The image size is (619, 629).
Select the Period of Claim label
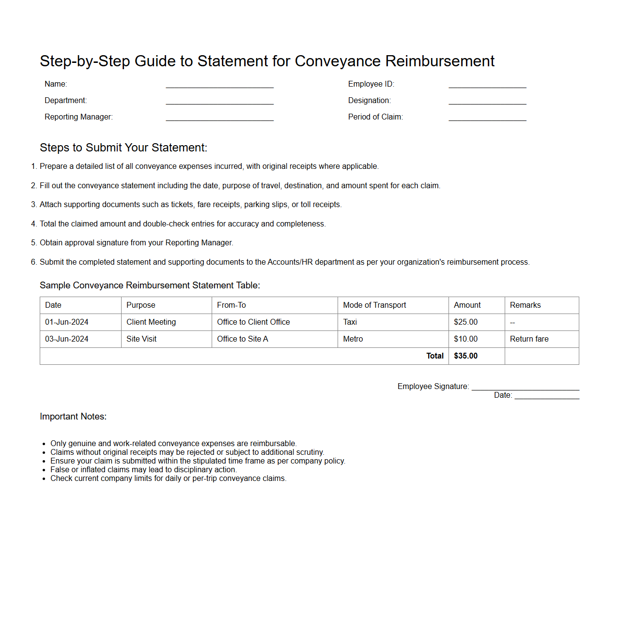375,117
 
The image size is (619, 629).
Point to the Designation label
369,101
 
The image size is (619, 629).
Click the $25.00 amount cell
465,322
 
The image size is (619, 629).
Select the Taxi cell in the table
350,322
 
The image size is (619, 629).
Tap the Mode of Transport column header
374,305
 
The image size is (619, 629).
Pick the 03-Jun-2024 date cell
67,339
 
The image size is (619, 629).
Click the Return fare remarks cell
529,339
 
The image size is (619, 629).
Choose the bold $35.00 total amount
465,356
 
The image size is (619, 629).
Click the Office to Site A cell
242,339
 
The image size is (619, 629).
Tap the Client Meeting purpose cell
151,322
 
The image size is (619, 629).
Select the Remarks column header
525,305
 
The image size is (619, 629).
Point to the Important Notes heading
73,417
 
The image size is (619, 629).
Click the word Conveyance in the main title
338,61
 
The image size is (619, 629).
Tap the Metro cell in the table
353,339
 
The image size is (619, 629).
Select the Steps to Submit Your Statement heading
124,148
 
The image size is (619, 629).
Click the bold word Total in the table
435,356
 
